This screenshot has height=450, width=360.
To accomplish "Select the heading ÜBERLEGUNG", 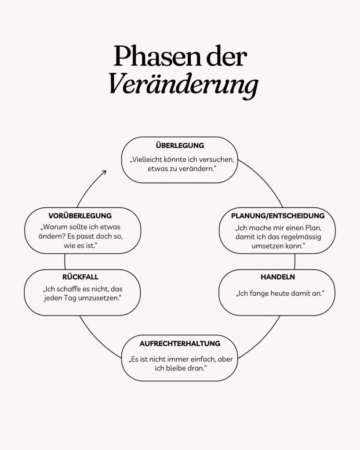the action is [x=180, y=145].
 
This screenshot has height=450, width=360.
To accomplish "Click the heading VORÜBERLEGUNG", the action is [x=80, y=215].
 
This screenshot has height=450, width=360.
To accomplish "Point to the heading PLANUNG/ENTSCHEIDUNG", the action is [x=278, y=216].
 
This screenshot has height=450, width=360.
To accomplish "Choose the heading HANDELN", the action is [x=278, y=277].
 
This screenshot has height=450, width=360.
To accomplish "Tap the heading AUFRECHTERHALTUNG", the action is [x=180, y=344].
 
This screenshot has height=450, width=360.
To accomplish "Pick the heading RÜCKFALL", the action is [x=80, y=277].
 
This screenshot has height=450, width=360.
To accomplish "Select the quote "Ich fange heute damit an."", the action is [x=280, y=293].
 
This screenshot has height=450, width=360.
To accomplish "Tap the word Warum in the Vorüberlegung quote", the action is [x=52, y=227].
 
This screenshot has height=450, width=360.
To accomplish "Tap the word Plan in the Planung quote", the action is [x=313, y=228].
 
